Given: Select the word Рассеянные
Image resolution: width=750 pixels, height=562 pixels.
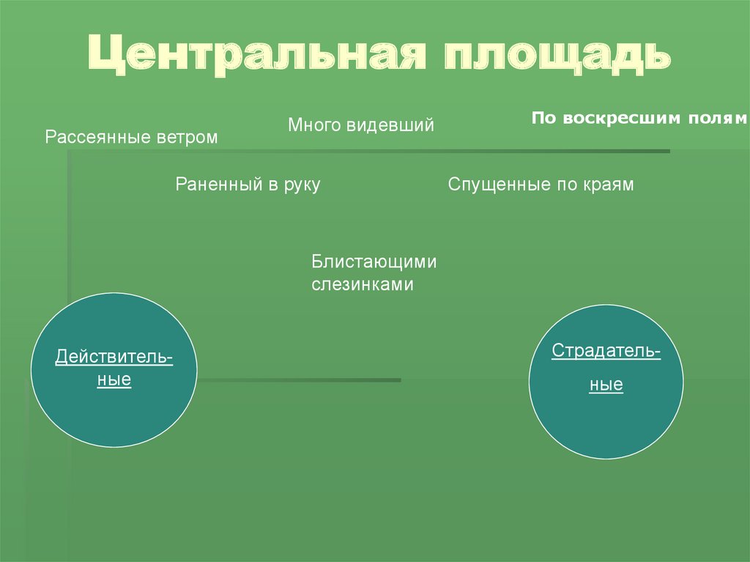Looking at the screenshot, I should click(x=97, y=138).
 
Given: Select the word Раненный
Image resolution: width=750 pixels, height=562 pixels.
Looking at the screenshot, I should click(x=212, y=185).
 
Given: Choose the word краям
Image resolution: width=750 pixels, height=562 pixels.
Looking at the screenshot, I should click(x=608, y=185).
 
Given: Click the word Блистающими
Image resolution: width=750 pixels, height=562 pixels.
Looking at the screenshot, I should click(x=374, y=261).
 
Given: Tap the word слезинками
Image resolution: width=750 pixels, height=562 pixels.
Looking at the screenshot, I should click(x=363, y=284).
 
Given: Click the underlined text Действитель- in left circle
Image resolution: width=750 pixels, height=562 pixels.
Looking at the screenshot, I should click(x=114, y=358).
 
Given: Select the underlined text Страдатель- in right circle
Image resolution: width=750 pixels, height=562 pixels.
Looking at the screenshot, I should click(x=606, y=352).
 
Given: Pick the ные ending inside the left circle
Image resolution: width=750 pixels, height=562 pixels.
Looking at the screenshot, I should click(x=114, y=380).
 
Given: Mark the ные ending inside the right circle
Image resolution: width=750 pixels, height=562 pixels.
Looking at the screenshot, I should click(x=606, y=385).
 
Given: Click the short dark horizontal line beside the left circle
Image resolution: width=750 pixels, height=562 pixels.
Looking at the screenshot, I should click(x=300, y=380).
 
